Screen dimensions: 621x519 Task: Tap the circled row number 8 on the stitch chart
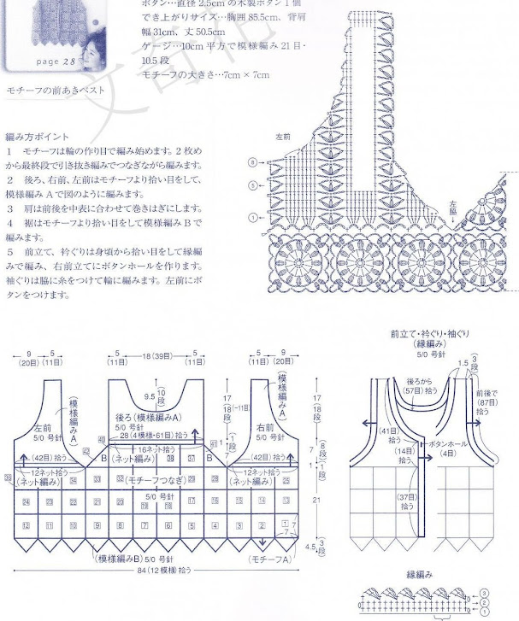click(x=252, y=161)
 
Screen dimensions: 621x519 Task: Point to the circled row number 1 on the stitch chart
click(x=252, y=216)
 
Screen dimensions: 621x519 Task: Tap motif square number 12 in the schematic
click(x=27, y=525)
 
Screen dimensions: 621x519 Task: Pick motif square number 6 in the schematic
click(x=167, y=525)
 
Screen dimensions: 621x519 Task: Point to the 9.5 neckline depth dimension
click(x=150, y=396)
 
